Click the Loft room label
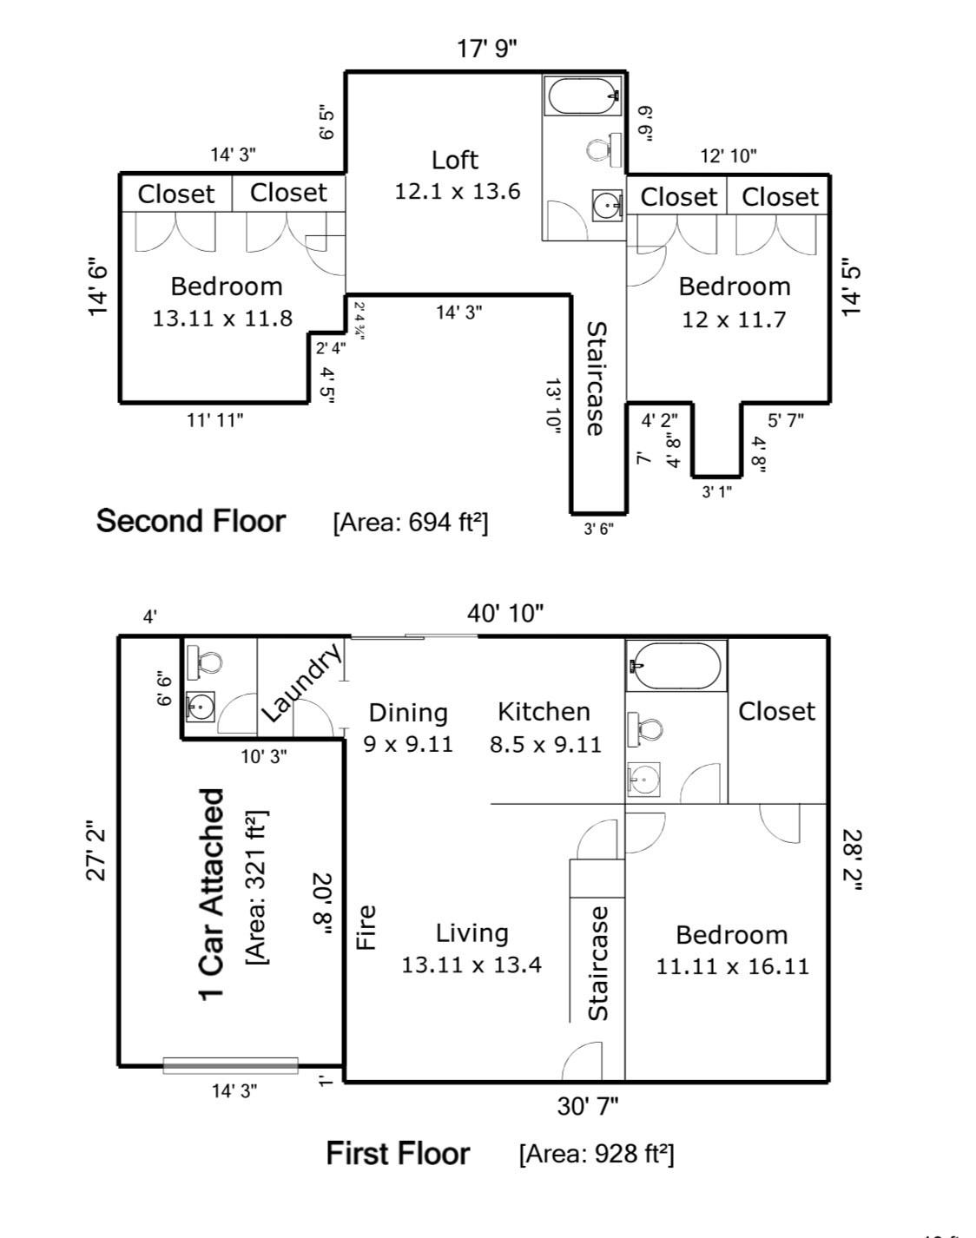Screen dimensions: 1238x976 tap(455, 160)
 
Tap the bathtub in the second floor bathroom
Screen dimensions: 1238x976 tap(582, 95)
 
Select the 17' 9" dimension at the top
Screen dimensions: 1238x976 tap(487, 49)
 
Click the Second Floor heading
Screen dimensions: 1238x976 tap(190, 521)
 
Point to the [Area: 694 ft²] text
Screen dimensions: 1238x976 tap(410, 522)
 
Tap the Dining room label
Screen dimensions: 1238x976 tap(408, 713)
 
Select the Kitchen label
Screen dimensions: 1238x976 tap(544, 712)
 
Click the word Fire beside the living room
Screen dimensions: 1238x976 tap(367, 926)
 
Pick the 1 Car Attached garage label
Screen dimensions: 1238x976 tap(213, 894)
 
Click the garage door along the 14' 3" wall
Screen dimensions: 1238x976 tap(230, 1065)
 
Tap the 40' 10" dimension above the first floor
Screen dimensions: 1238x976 tap(505, 614)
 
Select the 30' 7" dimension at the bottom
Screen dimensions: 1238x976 tap(587, 1106)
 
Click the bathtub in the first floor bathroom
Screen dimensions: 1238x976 tap(676, 666)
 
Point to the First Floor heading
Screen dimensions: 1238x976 tap(398, 1154)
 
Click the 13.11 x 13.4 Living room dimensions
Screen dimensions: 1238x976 tap(472, 965)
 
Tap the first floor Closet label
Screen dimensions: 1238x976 tap(776, 712)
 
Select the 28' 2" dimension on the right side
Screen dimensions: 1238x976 tap(853, 860)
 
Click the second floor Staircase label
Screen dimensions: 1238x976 tap(597, 379)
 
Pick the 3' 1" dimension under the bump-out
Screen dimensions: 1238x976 tap(716, 492)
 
